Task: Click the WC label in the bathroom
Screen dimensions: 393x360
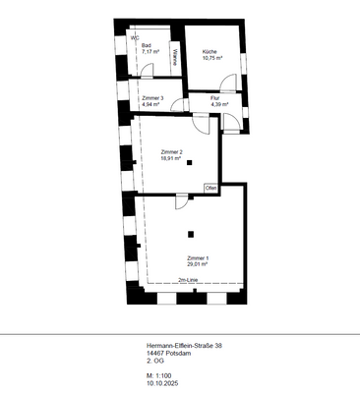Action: pyautogui.click(x=135, y=38)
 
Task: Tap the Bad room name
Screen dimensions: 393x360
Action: pyautogui.click(x=146, y=45)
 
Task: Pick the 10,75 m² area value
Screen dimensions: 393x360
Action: pyautogui.click(x=213, y=57)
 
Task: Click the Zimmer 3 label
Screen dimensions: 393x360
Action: pyautogui.click(x=152, y=98)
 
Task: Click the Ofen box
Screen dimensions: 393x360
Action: pyautogui.click(x=210, y=188)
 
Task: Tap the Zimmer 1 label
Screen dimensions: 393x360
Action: pyautogui.click(x=199, y=257)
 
